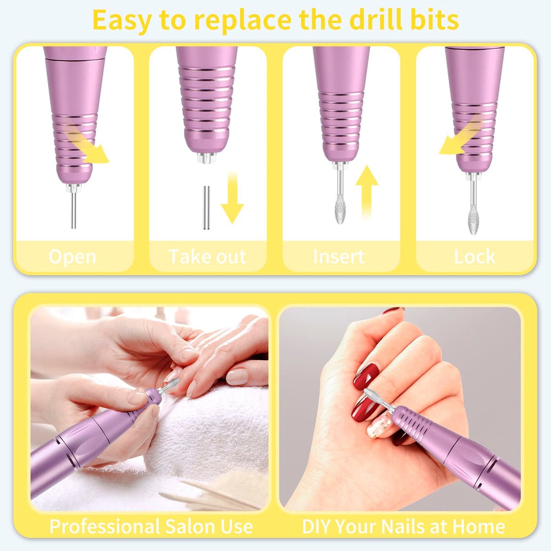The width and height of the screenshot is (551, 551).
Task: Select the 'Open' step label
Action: coord(73,257)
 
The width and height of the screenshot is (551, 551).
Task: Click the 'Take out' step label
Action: coord(208,257)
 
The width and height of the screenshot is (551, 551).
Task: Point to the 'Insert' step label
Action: coord(339,257)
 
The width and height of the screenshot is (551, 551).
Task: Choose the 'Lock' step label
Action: coord(475,257)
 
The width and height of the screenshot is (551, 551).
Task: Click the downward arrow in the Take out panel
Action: coord(232,197)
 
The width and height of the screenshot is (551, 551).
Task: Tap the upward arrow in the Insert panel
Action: coord(366,192)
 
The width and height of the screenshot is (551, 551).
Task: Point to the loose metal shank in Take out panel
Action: coord(206,208)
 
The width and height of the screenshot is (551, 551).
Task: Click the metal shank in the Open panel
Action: coord(73,210)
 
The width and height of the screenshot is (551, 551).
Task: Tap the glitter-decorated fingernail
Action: coord(380,424)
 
